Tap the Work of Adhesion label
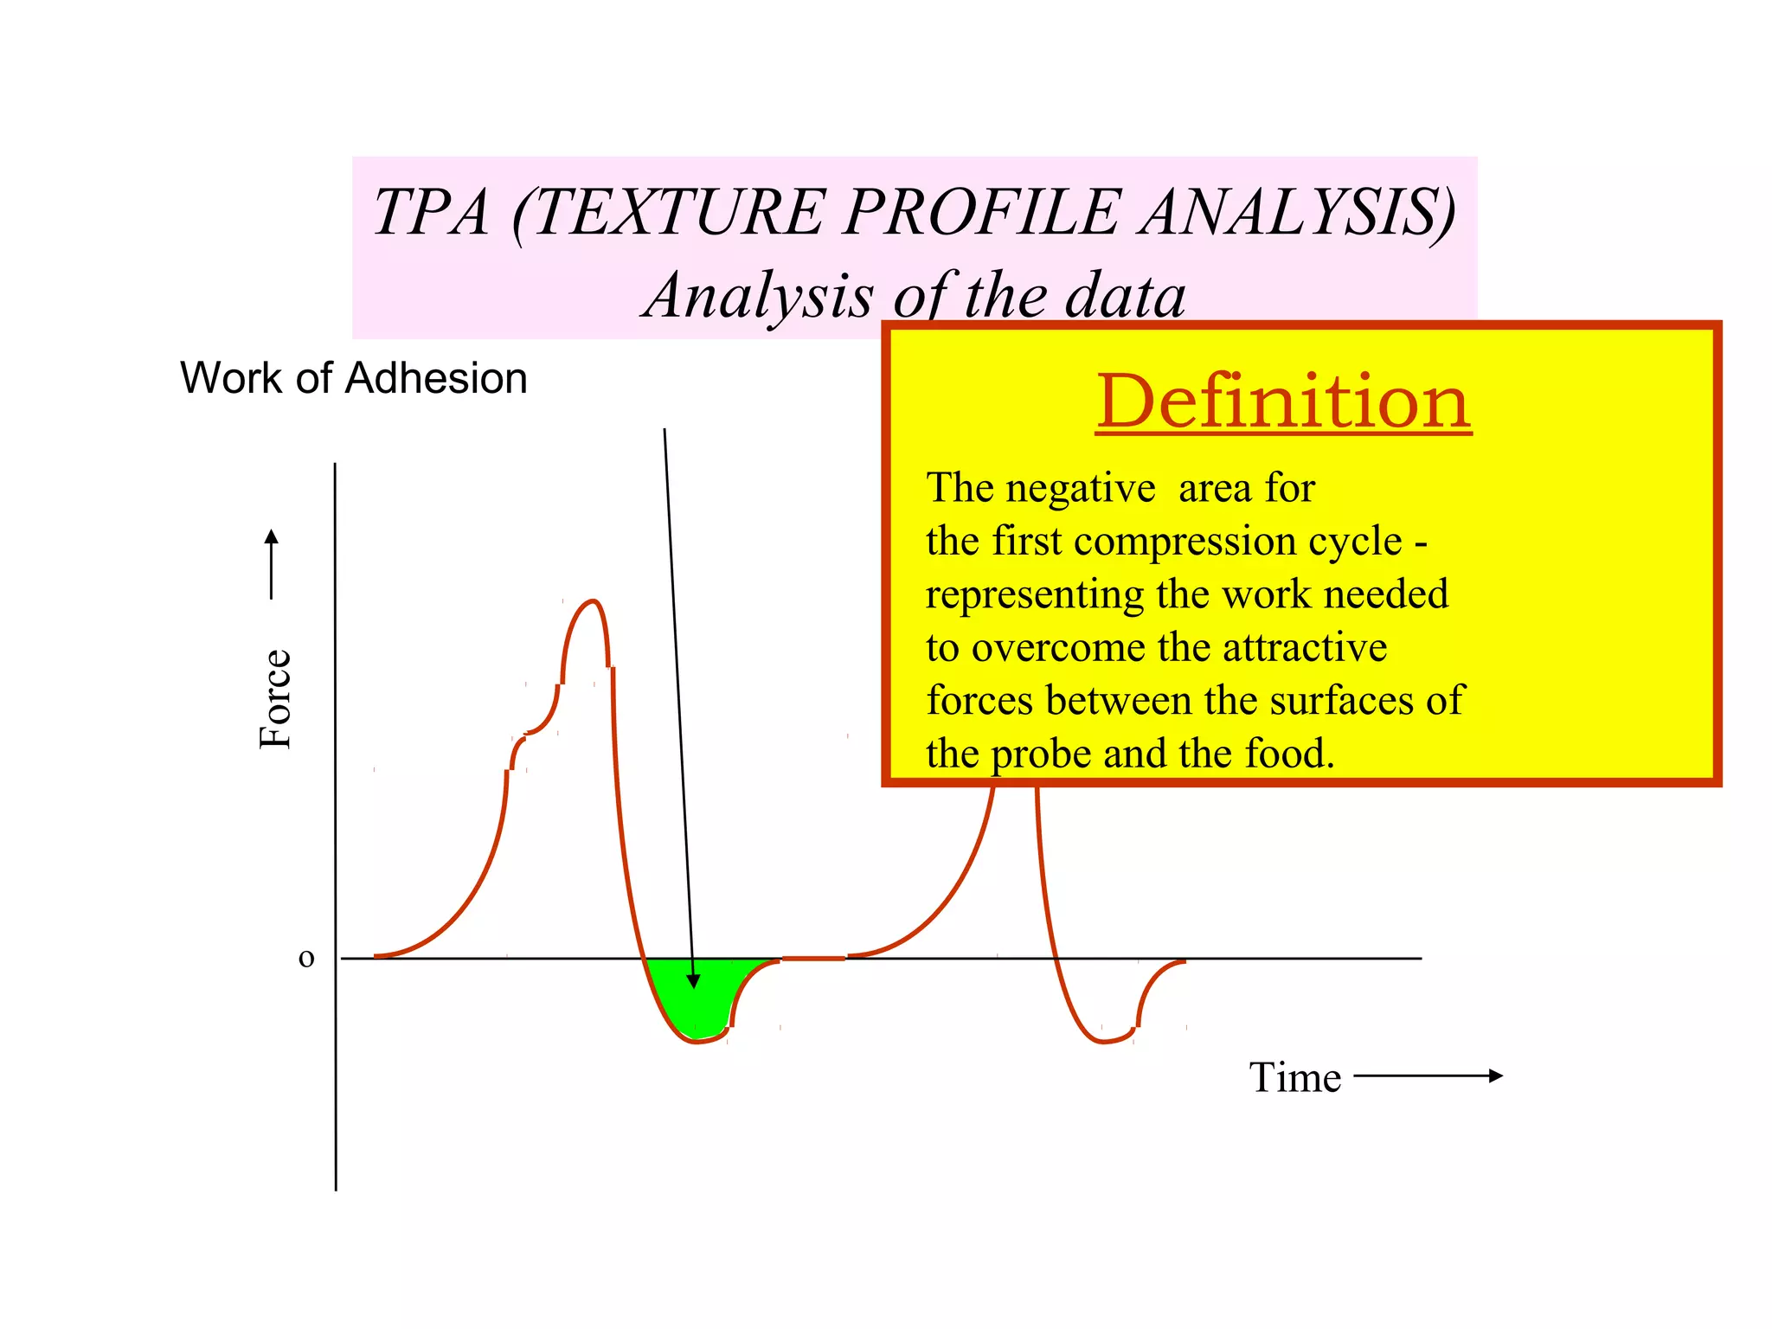[x=353, y=378]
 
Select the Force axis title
[x=276, y=698]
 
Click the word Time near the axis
[x=1294, y=1078]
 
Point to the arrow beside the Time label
[x=1428, y=1075]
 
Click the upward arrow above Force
[x=272, y=562]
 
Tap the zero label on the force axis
[x=306, y=958]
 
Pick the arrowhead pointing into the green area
[x=693, y=980]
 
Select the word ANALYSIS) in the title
[x=1298, y=213]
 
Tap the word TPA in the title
[x=431, y=213]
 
